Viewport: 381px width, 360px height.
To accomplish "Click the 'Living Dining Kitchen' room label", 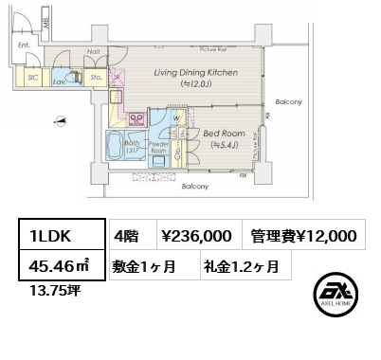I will (x=197, y=72).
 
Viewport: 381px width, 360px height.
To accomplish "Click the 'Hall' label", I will (x=95, y=53).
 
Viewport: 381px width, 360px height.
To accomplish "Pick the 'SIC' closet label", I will (x=32, y=80).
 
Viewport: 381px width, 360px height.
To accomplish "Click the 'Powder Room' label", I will (x=158, y=148).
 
